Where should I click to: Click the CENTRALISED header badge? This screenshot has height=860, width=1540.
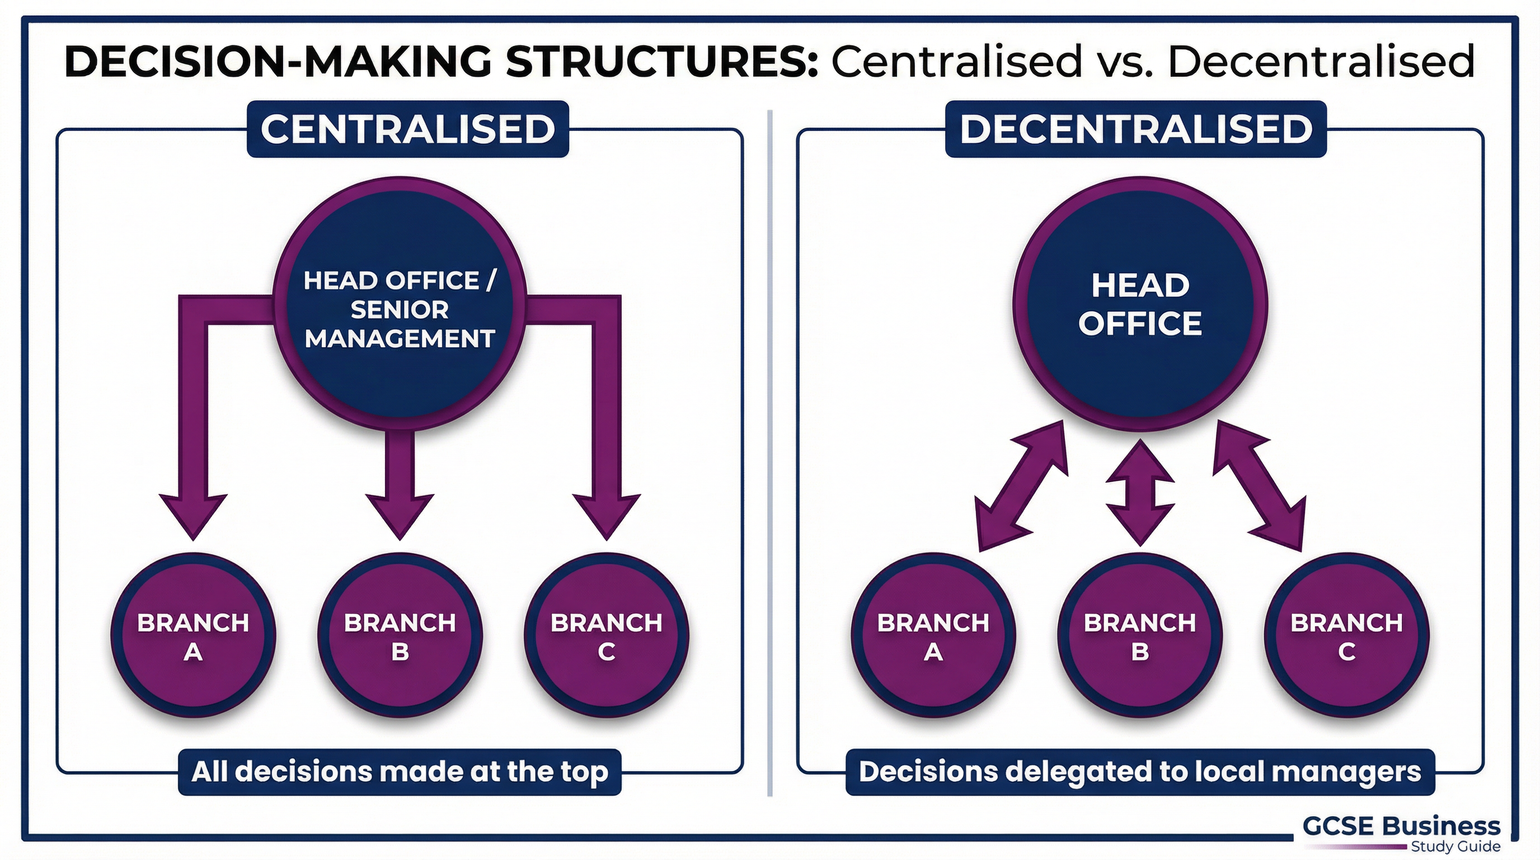click(x=408, y=129)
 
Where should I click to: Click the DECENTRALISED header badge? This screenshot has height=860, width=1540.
click(x=1135, y=129)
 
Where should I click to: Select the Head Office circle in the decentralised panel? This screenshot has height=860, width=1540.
click(x=1139, y=304)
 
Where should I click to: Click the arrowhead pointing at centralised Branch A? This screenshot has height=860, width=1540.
click(x=193, y=515)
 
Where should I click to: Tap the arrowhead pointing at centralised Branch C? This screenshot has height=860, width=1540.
click(x=606, y=515)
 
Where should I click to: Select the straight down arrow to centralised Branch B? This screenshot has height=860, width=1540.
click(x=400, y=484)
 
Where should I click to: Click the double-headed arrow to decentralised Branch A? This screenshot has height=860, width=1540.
click(x=1021, y=485)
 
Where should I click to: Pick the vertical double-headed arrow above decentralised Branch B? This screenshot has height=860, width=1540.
click(x=1139, y=493)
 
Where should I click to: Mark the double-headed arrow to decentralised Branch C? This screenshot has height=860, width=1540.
click(x=1259, y=485)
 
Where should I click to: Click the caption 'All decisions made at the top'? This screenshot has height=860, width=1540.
click(x=400, y=772)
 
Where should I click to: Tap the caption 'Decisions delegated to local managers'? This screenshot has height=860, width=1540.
click(x=1139, y=772)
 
